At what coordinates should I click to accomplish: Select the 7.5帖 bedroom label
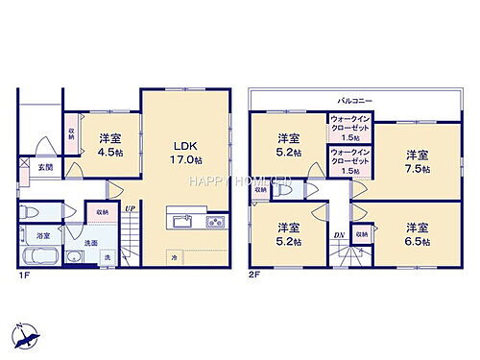pyautogui.click(x=415, y=160)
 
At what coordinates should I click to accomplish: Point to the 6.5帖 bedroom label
pyautogui.click(x=415, y=233)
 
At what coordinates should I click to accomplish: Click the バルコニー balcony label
pyautogui.click(x=355, y=100)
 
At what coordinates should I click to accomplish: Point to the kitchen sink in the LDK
pyautogui.click(x=182, y=223)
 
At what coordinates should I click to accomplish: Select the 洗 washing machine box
pyautogui.click(x=107, y=257)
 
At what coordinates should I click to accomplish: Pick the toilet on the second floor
pyautogui.click(x=283, y=188)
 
